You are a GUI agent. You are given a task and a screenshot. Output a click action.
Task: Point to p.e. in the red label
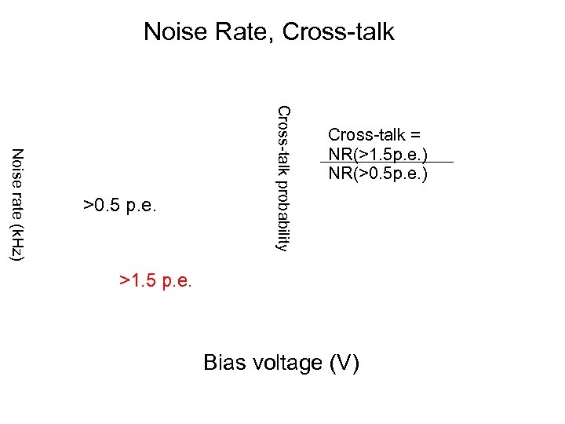click(x=177, y=280)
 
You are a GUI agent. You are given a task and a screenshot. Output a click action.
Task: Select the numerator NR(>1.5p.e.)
click(x=377, y=153)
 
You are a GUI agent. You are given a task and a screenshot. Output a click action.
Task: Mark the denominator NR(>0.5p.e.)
click(x=377, y=173)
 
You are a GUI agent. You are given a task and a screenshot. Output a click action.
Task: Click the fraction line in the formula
click(x=386, y=163)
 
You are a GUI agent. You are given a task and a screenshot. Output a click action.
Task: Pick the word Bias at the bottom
click(x=223, y=363)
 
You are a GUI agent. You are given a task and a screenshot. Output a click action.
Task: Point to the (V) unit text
click(x=345, y=363)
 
